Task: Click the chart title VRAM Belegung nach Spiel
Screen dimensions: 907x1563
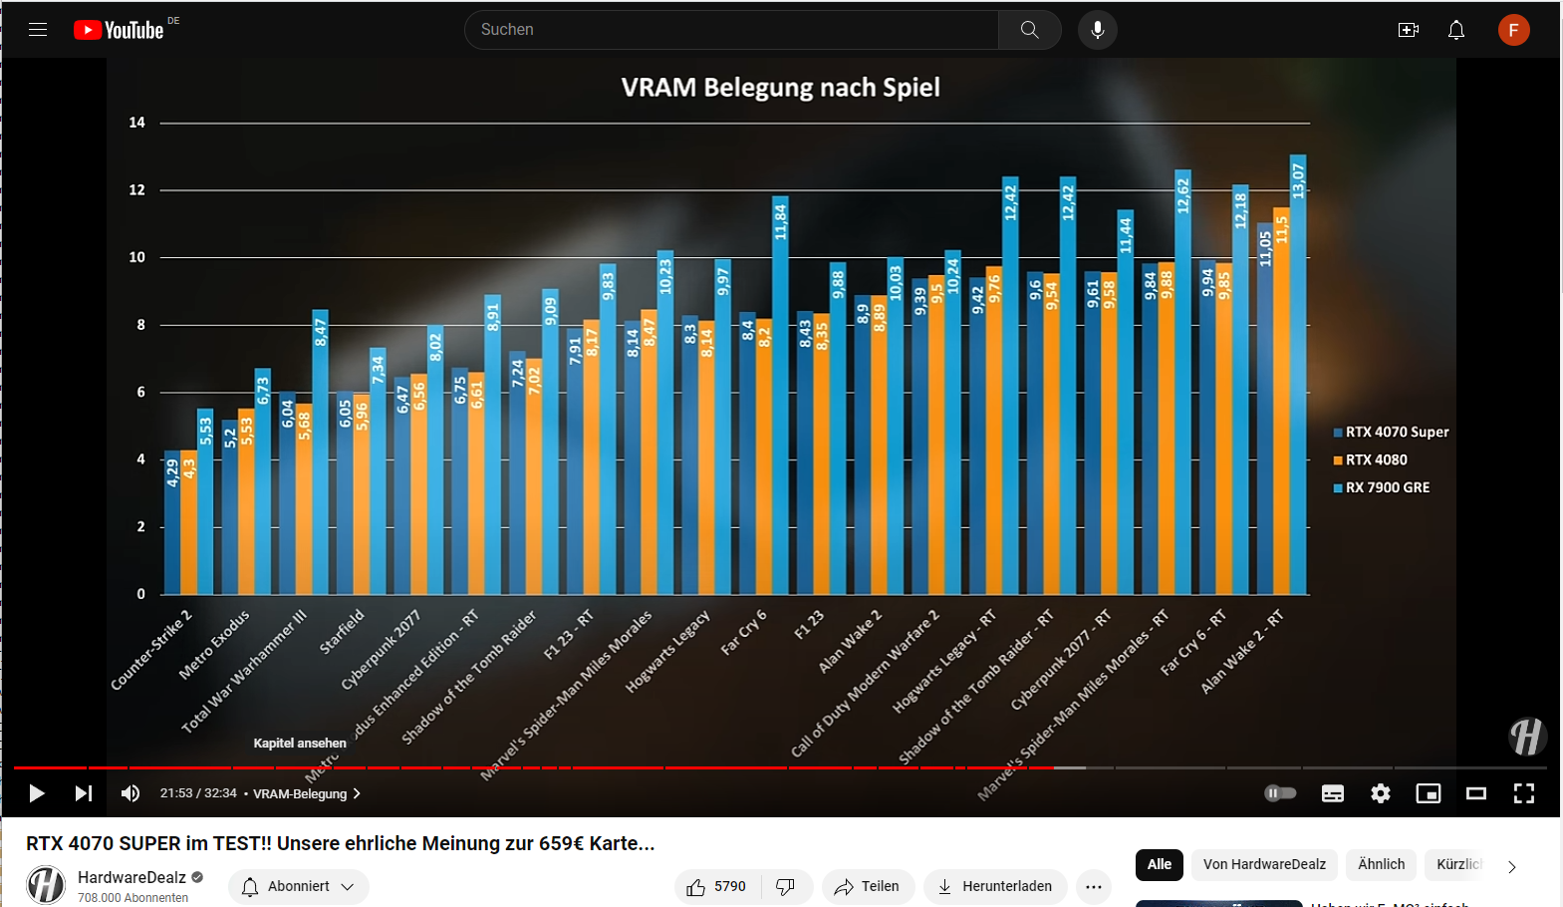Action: (780, 88)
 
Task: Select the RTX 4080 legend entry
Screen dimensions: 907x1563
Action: (1376, 459)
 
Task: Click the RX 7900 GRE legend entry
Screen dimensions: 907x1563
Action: (1387, 487)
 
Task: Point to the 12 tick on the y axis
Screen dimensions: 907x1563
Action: (137, 189)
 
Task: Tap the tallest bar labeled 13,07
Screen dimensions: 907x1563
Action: (1297, 379)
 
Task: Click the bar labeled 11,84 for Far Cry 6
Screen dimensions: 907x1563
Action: (780, 399)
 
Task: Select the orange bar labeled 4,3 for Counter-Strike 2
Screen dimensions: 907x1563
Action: (188, 523)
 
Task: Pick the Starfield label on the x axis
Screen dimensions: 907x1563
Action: (342, 631)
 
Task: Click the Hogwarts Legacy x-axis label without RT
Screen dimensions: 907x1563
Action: (667, 651)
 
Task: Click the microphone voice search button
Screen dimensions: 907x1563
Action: (1097, 30)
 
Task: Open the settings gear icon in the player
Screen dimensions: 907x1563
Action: (1380, 793)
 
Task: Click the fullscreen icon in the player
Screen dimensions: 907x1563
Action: (1523, 793)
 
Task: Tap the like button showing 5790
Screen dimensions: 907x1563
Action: (717, 886)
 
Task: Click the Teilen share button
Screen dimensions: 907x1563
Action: (868, 886)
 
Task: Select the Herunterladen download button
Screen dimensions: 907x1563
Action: (995, 886)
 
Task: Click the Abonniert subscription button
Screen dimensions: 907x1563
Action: (298, 886)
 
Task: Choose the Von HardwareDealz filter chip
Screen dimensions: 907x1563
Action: (1263, 864)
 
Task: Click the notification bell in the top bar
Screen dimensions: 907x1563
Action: (1455, 30)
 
